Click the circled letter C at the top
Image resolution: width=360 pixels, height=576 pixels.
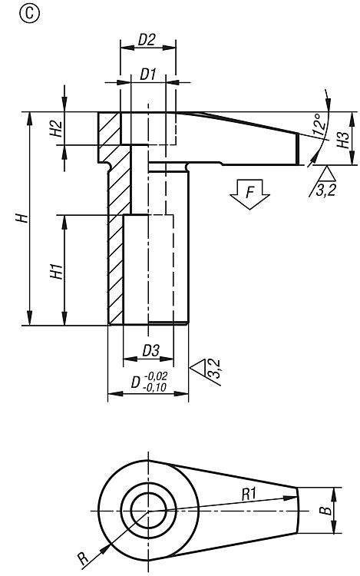(x=28, y=15)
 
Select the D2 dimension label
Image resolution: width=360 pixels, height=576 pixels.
(x=147, y=40)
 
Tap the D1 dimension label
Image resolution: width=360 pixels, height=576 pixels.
(x=148, y=74)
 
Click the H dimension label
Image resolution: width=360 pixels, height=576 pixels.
(x=22, y=218)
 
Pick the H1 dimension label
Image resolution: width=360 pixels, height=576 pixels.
(x=57, y=271)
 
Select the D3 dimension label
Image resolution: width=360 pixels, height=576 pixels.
(x=150, y=351)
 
